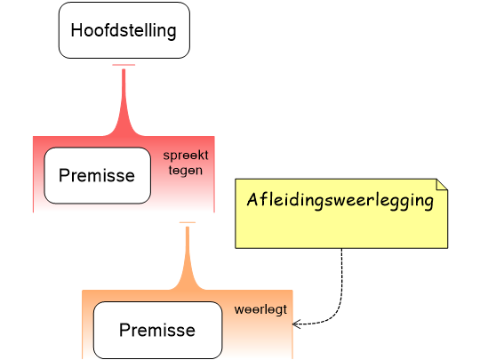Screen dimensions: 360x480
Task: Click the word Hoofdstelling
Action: coord(124,30)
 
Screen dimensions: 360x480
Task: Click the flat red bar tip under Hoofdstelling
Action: coord(124,65)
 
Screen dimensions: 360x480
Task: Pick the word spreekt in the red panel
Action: coord(185,156)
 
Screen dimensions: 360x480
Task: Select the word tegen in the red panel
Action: coord(185,170)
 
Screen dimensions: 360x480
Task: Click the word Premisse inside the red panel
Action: coord(97,175)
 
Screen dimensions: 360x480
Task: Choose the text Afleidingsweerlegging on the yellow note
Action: coord(340,200)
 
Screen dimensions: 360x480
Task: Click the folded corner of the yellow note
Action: coord(441,184)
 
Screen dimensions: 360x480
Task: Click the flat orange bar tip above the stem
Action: coord(187,222)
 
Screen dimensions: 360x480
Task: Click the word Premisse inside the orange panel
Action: coord(157,330)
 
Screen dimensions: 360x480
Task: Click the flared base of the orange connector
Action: coord(187,284)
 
